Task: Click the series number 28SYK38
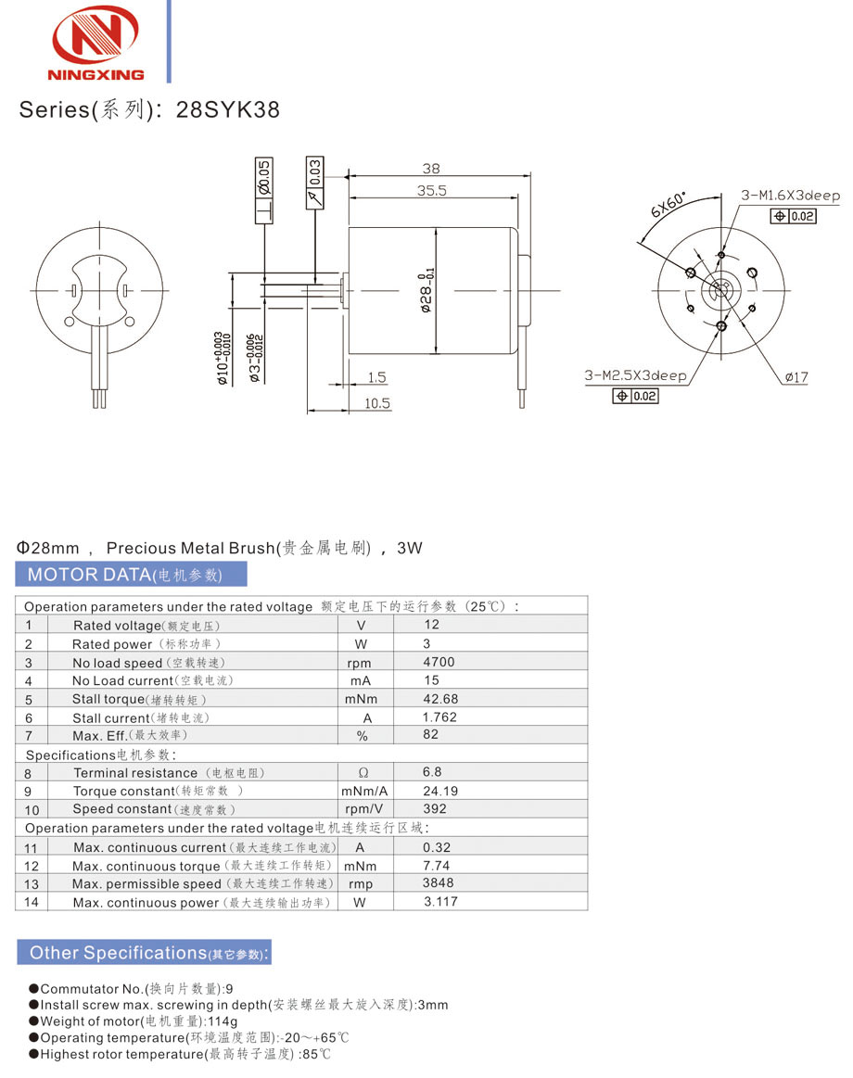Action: click(227, 109)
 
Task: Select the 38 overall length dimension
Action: click(431, 169)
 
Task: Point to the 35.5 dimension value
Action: click(431, 190)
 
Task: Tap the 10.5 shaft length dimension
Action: click(377, 403)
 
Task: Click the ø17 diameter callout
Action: click(796, 377)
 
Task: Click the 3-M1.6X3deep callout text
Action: click(790, 196)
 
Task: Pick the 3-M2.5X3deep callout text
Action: click(635, 375)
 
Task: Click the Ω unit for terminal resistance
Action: click(363, 772)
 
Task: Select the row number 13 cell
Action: click(31, 884)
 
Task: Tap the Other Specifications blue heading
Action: click(144, 953)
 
